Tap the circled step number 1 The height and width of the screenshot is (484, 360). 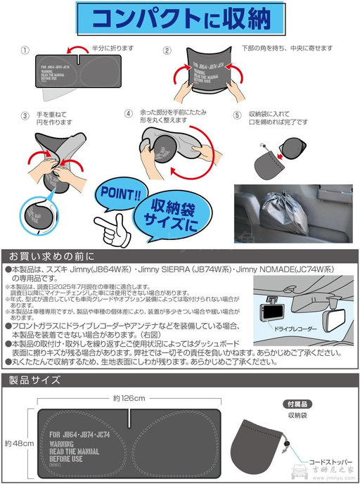tap(26, 51)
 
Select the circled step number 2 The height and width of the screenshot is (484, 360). tap(167, 51)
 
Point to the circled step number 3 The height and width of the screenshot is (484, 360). tap(25, 115)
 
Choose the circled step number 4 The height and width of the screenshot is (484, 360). tap(129, 113)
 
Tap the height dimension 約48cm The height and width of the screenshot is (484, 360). tap(15, 444)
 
